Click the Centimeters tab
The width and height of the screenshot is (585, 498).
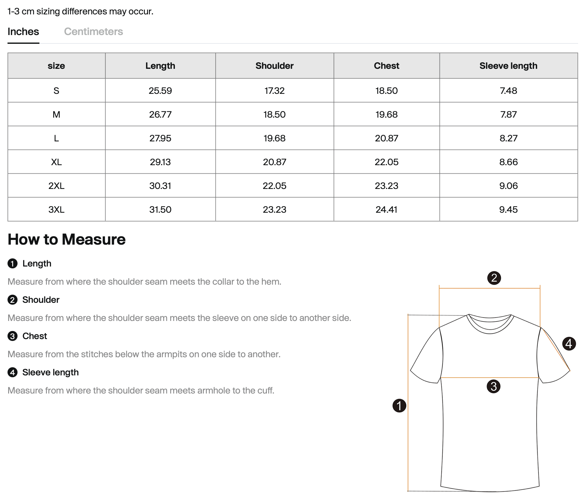[x=93, y=32]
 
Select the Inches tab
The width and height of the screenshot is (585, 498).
[x=23, y=32]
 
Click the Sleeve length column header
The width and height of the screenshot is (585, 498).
[x=508, y=66]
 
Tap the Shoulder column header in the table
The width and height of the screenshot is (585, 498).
[x=274, y=66]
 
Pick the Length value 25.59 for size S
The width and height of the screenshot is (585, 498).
[x=160, y=91]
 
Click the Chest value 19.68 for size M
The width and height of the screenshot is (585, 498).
[x=386, y=114]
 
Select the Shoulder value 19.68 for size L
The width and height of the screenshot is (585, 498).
[x=274, y=138]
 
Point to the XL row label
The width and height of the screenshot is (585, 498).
[x=56, y=162]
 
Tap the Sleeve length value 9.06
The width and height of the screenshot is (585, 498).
[x=508, y=186]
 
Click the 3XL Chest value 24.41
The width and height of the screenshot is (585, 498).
[x=386, y=210]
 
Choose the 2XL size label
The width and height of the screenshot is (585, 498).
[x=56, y=186]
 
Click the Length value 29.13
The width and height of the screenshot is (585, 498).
[x=160, y=162]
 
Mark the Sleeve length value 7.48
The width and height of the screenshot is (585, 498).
[x=508, y=91]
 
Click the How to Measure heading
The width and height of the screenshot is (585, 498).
[x=67, y=240]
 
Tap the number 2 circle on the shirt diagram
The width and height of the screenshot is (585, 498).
[x=494, y=278]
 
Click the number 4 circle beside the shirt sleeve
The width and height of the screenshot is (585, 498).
[x=569, y=344]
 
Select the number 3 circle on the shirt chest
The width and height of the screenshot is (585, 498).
[x=493, y=386]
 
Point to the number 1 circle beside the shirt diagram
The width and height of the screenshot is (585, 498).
[x=399, y=406]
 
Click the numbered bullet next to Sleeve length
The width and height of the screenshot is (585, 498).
[x=13, y=373]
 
